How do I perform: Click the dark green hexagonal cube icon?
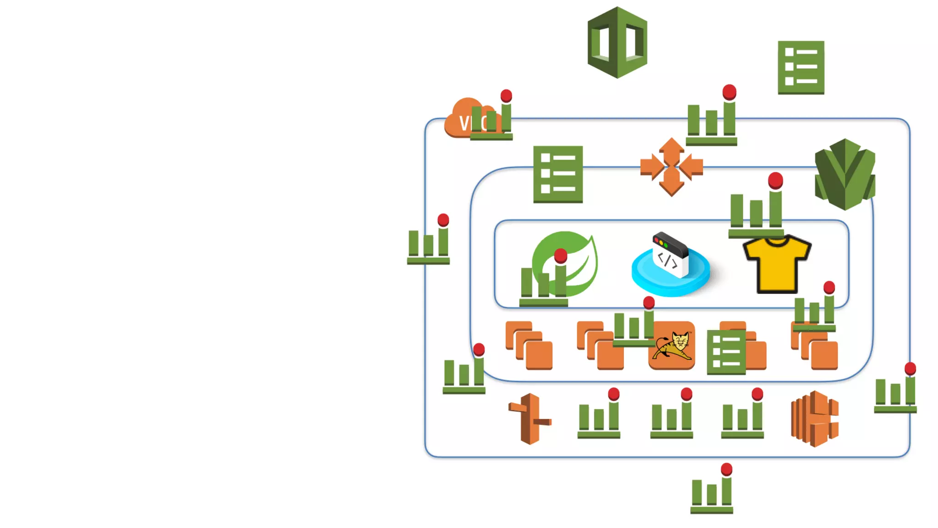pos(617,42)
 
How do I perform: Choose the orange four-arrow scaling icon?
pos(671,167)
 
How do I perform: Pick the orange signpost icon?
pos(530,418)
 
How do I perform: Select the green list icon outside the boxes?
pos(801,67)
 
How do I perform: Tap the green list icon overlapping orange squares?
pos(726,352)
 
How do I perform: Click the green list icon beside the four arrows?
pos(558,174)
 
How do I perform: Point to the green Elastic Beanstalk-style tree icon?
pos(845,174)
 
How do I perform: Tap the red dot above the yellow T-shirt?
pos(775,181)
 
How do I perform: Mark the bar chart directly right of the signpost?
pos(599,417)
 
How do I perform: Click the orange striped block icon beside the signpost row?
pos(815,418)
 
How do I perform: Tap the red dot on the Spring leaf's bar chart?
pos(561,256)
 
